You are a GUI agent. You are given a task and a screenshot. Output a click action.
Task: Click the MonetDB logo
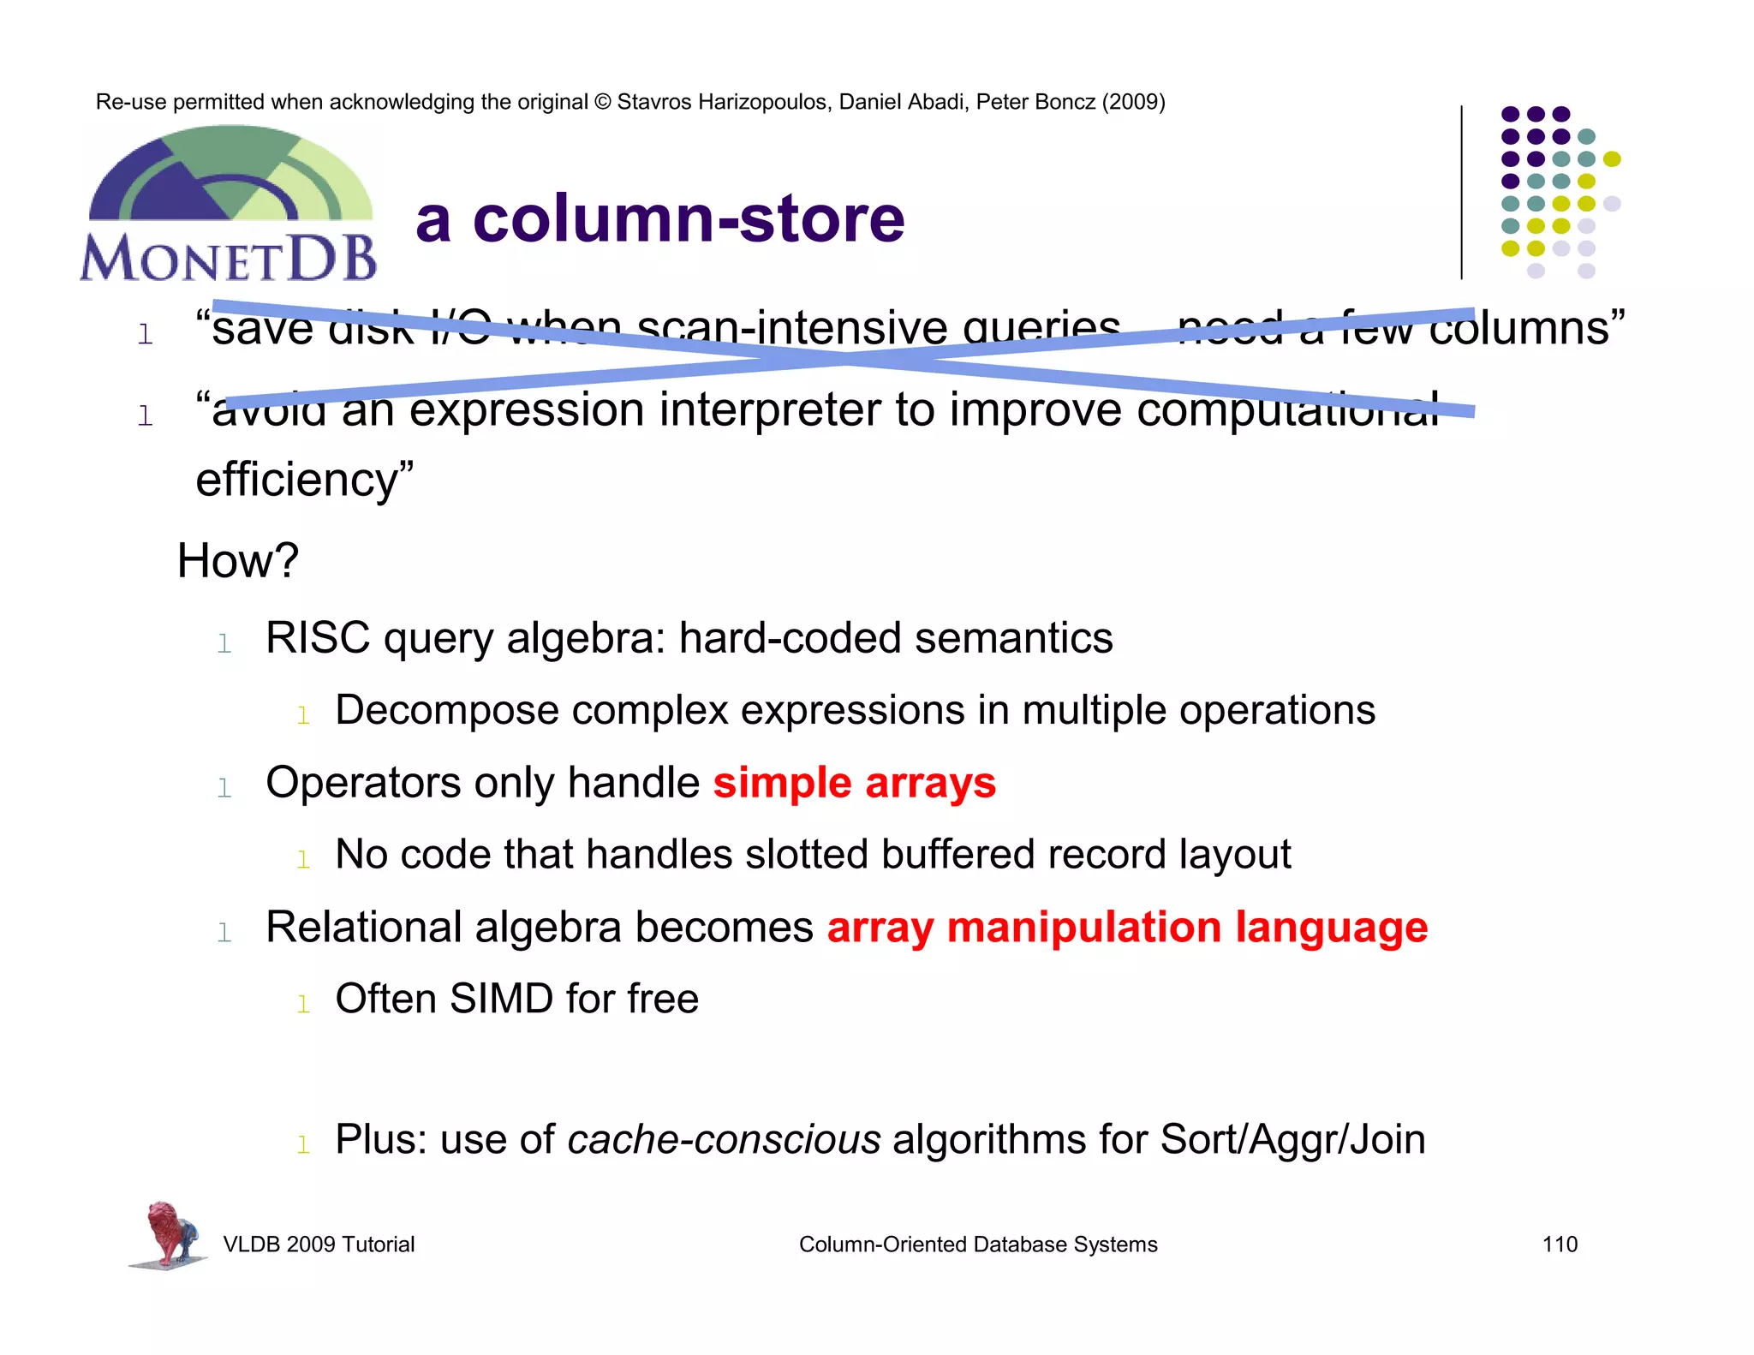[x=229, y=206]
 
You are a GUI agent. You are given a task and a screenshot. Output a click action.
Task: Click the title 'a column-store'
[x=659, y=219]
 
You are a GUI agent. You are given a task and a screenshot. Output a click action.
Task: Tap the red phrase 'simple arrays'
[x=854, y=783]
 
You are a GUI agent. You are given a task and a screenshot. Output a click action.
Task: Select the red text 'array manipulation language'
[x=1126, y=928]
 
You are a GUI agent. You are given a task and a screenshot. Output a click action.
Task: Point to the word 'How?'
[x=237, y=561]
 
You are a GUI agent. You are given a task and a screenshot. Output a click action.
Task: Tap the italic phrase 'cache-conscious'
[x=724, y=1140]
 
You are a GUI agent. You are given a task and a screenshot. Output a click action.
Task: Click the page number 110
[x=1560, y=1245]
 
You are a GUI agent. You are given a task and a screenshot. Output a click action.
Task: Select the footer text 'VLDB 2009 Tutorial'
[x=319, y=1245]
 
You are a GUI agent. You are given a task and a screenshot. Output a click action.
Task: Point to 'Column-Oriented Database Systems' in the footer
[x=978, y=1245]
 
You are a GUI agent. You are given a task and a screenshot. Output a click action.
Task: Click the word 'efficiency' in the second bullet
[x=295, y=480]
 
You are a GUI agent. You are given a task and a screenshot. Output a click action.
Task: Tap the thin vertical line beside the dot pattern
[x=1461, y=193]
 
